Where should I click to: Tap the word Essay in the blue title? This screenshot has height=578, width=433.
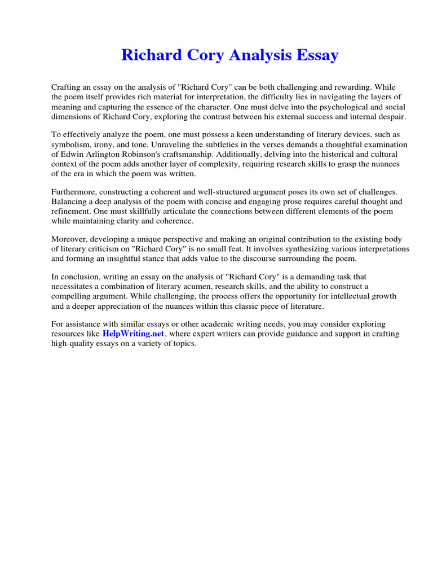(316, 55)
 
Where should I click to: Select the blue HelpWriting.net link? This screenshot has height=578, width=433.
(133, 334)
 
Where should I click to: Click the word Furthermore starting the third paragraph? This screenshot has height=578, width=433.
(74, 192)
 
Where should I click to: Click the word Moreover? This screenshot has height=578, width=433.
(70, 239)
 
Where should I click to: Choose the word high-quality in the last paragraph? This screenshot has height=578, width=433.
(73, 344)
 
